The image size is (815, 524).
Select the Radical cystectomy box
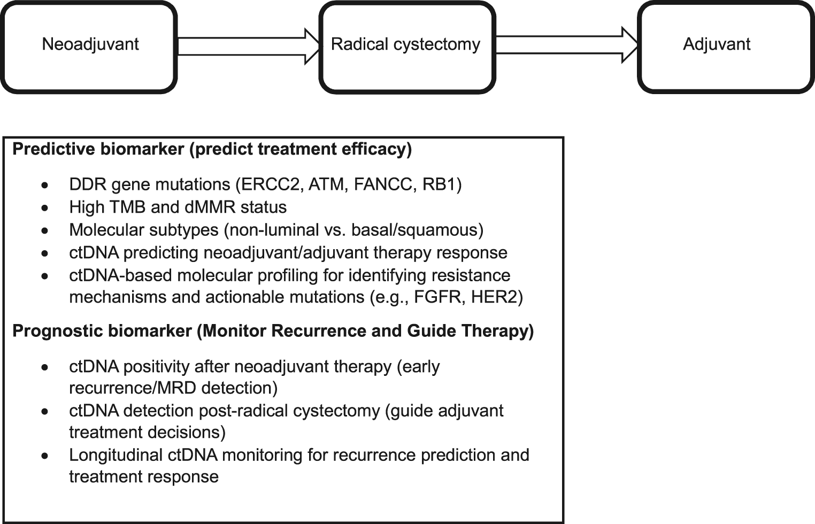[406, 47]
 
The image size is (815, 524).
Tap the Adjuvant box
[725, 47]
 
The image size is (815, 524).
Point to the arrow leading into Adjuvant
[567, 47]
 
